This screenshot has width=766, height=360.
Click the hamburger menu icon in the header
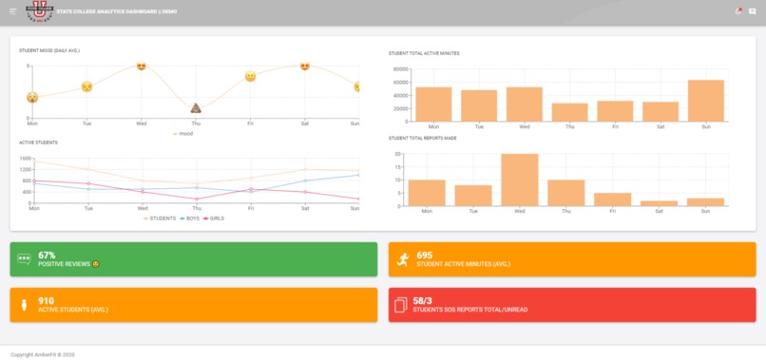[x=12, y=10]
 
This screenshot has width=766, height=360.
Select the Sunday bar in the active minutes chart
[x=705, y=101]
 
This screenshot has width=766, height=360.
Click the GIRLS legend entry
[x=214, y=218]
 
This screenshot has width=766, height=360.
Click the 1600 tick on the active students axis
[x=26, y=159]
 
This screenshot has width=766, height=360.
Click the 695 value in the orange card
[x=425, y=255]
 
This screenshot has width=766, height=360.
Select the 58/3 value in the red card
[x=425, y=300]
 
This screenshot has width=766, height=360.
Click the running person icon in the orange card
[x=403, y=258]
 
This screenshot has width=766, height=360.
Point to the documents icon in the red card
[x=402, y=305]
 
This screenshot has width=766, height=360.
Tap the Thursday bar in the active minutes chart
[x=569, y=112]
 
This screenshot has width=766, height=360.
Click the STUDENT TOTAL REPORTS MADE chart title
[x=422, y=138]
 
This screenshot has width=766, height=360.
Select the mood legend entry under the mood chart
[x=182, y=134]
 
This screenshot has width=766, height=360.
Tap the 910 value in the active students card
[x=46, y=300]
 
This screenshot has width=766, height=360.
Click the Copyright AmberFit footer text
[x=43, y=354]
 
